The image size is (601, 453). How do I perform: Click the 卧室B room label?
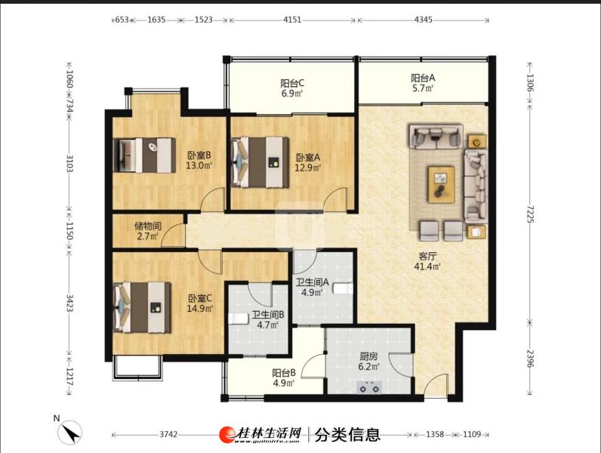(x=199, y=161)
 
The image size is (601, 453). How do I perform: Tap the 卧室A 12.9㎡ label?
(x=308, y=162)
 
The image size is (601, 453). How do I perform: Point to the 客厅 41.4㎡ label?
(x=427, y=261)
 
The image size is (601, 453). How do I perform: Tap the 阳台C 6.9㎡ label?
(x=292, y=88)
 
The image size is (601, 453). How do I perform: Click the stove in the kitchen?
(x=368, y=387)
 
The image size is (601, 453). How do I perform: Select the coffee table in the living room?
(x=441, y=185)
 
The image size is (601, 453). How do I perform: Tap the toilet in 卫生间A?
(x=342, y=288)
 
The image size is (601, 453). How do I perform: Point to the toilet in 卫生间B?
(x=239, y=319)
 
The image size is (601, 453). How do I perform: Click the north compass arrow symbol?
(x=69, y=433)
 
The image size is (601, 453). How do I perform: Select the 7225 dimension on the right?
(x=530, y=214)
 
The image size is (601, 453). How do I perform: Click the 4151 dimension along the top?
(x=292, y=20)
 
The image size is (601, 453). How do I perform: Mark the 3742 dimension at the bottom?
(x=168, y=434)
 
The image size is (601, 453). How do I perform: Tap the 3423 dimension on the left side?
(x=69, y=303)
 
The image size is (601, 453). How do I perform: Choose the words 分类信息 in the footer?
(x=347, y=435)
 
